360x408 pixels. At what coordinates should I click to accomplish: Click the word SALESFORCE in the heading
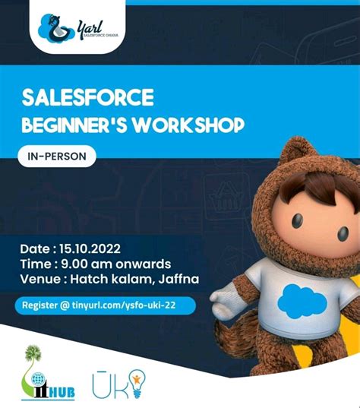click(89, 98)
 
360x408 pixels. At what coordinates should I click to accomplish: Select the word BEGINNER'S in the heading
click(78, 124)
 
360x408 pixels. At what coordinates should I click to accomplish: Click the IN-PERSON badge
click(57, 157)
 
